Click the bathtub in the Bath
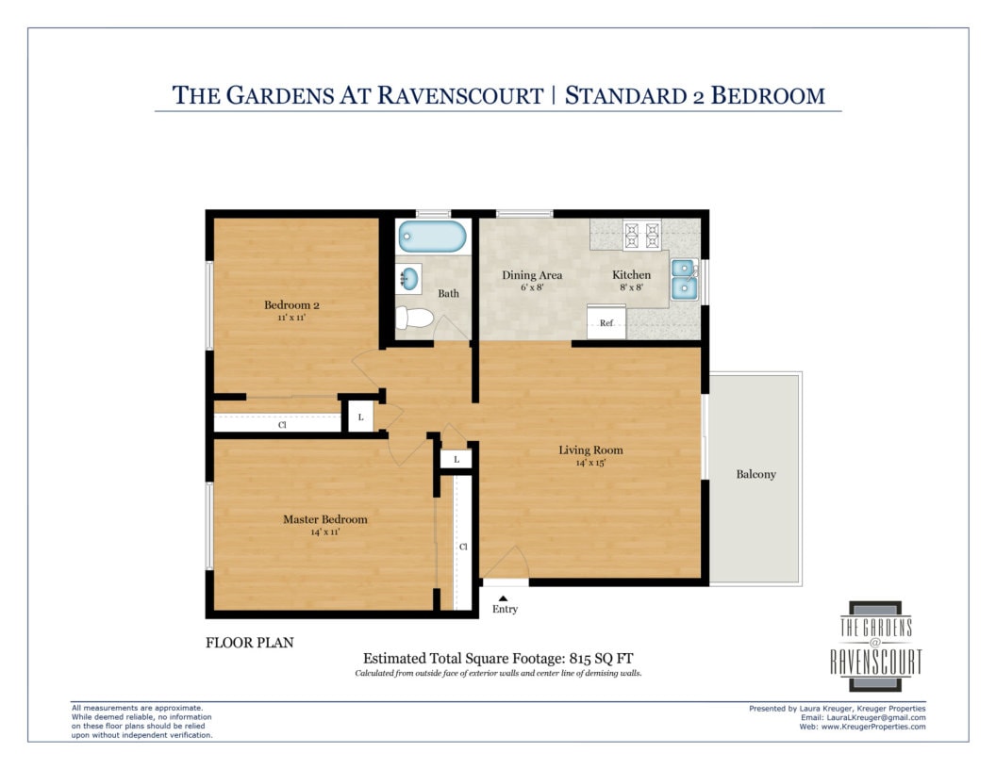coord(432,236)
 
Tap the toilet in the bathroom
coord(414,318)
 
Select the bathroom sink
coord(409,278)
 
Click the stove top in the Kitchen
coord(641,235)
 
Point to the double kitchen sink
coord(684,279)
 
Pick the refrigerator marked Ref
coord(606,321)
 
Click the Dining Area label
coord(532,275)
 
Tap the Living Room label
coord(590,450)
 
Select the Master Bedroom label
coord(325,519)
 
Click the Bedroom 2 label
coord(291,304)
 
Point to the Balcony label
coord(755,474)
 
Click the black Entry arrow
coord(503,598)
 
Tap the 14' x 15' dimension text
coord(590,463)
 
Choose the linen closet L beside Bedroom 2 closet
coord(361,417)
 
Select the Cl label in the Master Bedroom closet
coord(463,547)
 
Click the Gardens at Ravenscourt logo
coord(876,646)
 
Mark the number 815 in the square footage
coord(581,658)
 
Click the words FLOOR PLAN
coord(250,643)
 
